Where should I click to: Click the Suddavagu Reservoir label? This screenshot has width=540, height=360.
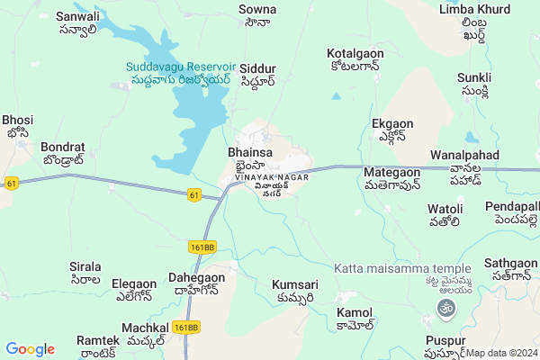tap(180, 67)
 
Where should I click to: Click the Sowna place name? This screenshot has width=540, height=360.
tap(256, 9)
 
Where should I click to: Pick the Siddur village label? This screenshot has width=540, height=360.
tap(257, 68)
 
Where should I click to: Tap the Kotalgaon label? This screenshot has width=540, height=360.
tap(355, 54)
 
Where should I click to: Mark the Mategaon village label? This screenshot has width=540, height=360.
tap(391, 172)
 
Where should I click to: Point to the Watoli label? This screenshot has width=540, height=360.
tap(445, 210)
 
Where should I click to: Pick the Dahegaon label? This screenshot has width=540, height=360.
tap(197, 279)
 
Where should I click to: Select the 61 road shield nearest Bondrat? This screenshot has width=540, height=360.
tap(12, 183)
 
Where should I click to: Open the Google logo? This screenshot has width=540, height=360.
tap(30, 349)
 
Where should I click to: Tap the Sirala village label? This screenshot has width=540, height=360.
tap(85, 267)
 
